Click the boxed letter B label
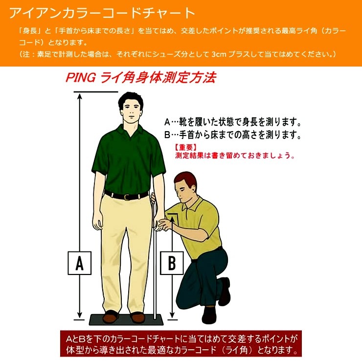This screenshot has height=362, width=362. [x=172, y=263]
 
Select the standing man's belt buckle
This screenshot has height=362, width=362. [x=128, y=197]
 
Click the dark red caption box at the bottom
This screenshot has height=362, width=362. [x=181, y=344]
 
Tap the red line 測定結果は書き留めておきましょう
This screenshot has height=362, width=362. [x=235, y=156]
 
